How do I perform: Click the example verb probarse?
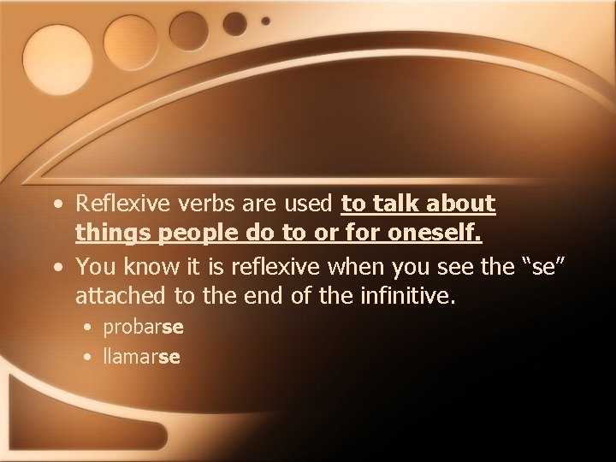144,328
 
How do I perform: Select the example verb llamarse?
141,357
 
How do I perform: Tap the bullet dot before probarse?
89,329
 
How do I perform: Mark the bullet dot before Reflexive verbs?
56,205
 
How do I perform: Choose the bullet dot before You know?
56,268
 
